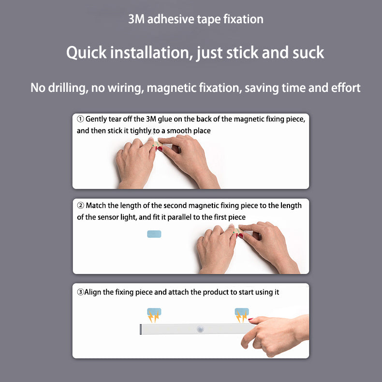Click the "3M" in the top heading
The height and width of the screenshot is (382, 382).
point(136,19)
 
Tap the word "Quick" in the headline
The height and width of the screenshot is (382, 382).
point(87,53)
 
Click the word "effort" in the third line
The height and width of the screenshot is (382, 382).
point(346,88)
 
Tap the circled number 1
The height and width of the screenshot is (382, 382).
point(80,119)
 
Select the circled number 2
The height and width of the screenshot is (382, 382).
point(81,206)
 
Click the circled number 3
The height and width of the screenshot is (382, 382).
point(80,292)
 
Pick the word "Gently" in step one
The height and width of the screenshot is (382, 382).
point(96,119)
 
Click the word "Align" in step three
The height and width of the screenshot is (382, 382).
point(92,292)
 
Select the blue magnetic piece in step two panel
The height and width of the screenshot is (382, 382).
point(154,234)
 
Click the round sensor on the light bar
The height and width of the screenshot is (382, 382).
point(200,329)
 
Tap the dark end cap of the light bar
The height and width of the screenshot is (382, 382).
point(141,329)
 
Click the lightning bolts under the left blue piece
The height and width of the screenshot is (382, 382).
point(154,317)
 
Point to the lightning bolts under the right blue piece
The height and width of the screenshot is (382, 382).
point(241,317)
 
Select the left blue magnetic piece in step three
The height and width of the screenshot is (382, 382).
point(154,311)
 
